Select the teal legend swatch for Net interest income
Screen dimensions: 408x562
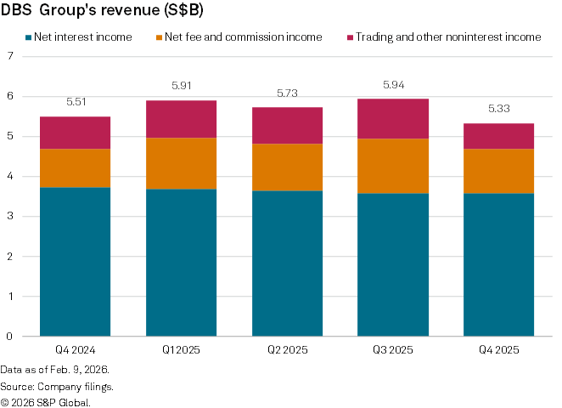27,37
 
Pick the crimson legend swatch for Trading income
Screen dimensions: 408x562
350,37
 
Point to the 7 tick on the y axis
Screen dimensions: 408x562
10,56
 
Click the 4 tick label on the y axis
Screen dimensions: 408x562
10,177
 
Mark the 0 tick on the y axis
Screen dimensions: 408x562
10,337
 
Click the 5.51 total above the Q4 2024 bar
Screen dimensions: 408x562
76,102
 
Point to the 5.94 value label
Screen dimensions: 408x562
392,85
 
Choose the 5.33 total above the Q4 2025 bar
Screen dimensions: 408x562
498,110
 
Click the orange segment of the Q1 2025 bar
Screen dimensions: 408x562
181,163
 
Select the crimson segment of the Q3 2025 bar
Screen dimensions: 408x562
392,118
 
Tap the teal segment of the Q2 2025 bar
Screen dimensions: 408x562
287,263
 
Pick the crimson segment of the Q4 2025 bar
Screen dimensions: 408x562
498,136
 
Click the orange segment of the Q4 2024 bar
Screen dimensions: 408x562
76,168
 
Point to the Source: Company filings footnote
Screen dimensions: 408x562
57,386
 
